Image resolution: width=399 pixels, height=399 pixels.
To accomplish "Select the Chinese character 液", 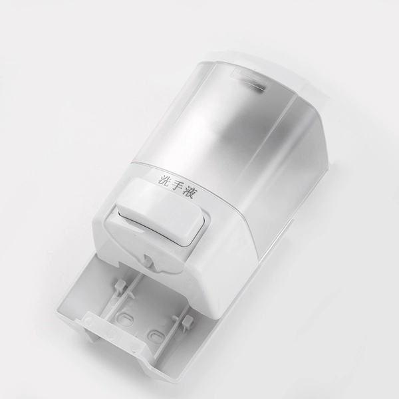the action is click(x=190, y=194).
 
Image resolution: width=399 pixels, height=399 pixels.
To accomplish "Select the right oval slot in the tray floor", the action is click(x=156, y=336).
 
